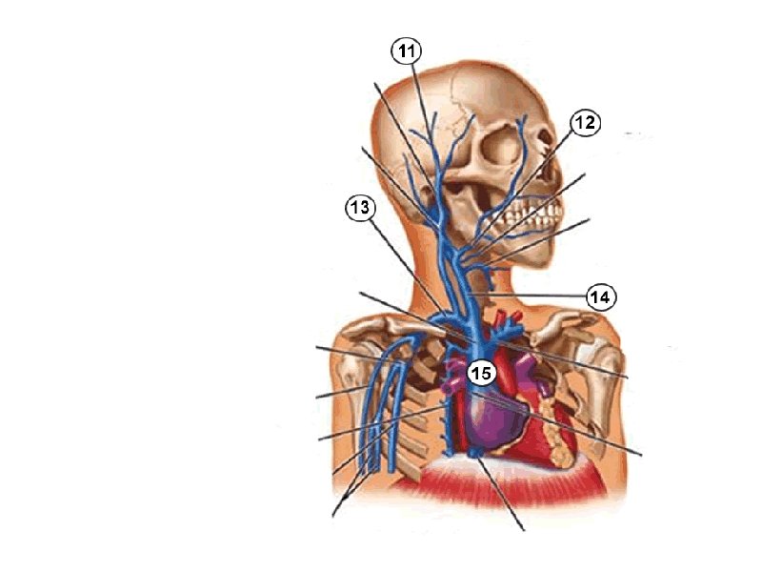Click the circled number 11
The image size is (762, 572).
[x=407, y=51]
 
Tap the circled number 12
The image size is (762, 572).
[x=585, y=123]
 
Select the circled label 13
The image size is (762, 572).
[x=360, y=208]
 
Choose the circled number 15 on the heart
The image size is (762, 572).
[x=481, y=373]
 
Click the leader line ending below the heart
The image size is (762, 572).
[x=505, y=496]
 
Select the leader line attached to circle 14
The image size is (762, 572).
[x=543, y=295]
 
